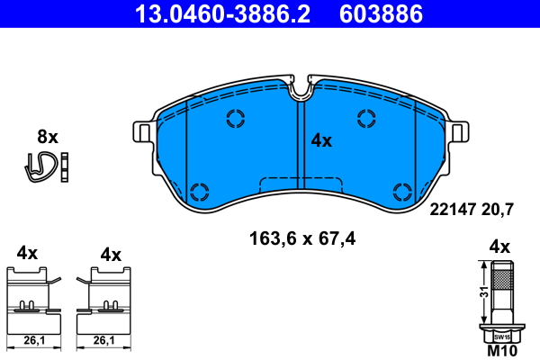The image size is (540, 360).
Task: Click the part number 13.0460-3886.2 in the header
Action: pyautogui.click(x=229, y=13)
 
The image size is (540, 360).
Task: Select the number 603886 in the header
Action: pyautogui.click(x=380, y=13)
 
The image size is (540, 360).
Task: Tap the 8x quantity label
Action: pyautogui.click(x=47, y=138)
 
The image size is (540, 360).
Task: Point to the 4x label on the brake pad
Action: pyautogui.click(x=321, y=140)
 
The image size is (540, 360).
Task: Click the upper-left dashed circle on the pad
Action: pyautogui.click(x=236, y=118)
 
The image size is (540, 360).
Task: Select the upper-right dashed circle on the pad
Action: pyautogui.click(x=366, y=118)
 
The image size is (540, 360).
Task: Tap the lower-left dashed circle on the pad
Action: pyautogui.click(x=200, y=190)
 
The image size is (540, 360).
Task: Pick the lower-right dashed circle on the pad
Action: pyautogui.click(x=402, y=190)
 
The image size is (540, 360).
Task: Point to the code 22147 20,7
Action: pyautogui.click(x=472, y=210)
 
